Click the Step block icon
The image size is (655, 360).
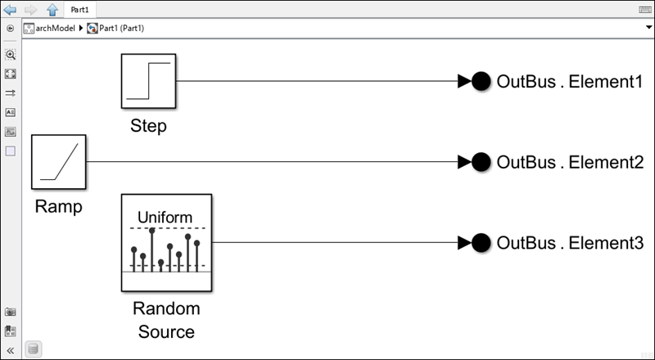click(148, 81)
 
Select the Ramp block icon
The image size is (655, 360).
click(58, 162)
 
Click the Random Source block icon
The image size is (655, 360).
click(166, 242)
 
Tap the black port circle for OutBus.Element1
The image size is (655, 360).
click(481, 81)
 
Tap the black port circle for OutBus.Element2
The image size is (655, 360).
click(481, 162)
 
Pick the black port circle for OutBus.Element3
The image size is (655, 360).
click(481, 243)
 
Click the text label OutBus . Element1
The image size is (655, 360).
click(570, 81)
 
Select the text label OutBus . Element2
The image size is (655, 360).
click(570, 162)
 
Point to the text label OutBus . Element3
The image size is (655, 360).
click(570, 243)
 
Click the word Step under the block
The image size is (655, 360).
click(148, 127)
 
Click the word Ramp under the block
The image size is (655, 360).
click(58, 207)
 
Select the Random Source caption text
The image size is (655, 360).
click(166, 320)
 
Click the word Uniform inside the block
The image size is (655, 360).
click(165, 217)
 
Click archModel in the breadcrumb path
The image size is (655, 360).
click(55, 28)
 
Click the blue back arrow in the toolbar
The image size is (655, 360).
click(11, 9)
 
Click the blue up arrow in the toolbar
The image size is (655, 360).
click(52, 9)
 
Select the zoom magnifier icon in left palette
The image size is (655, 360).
click(11, 55)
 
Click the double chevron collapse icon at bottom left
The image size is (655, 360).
click(11, 349)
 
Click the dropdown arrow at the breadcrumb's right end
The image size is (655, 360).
click(648, 28)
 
